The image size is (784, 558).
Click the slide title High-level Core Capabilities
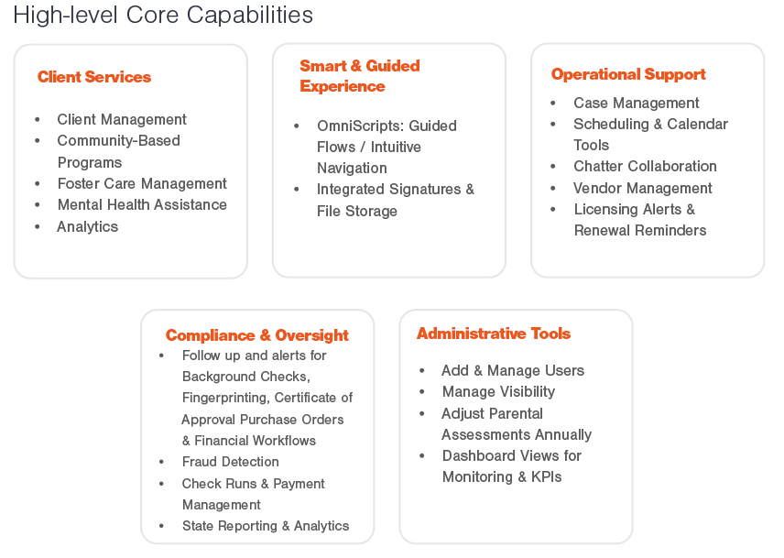coord(163,16)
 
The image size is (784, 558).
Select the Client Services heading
coord(94,77)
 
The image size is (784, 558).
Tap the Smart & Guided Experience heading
coord(360,76)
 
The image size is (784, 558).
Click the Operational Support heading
coord(628,75)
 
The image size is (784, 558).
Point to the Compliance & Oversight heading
coord(257,335)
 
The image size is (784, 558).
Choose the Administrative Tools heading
coord(494,334)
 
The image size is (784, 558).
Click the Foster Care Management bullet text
coord(142,184)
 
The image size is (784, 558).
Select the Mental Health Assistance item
coord(142,205)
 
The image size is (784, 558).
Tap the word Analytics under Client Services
coord(88,227)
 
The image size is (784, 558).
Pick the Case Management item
coord(636,103)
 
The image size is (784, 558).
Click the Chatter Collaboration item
coord(645,166)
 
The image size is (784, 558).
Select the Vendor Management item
coord(643,188)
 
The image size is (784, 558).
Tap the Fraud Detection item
coord(231,462)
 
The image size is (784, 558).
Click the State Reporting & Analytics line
coord(266,526)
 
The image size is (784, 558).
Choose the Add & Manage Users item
coord(513,370)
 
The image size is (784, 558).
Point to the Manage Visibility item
coord(498,391)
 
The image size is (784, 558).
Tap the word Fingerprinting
coord(226,398)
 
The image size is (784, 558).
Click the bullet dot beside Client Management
coord(38,119)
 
